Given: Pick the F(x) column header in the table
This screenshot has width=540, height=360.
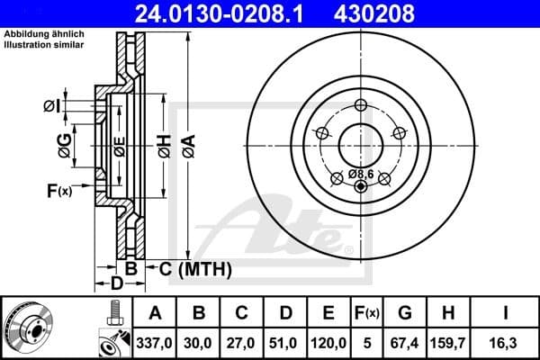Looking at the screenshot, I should (366, 313).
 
